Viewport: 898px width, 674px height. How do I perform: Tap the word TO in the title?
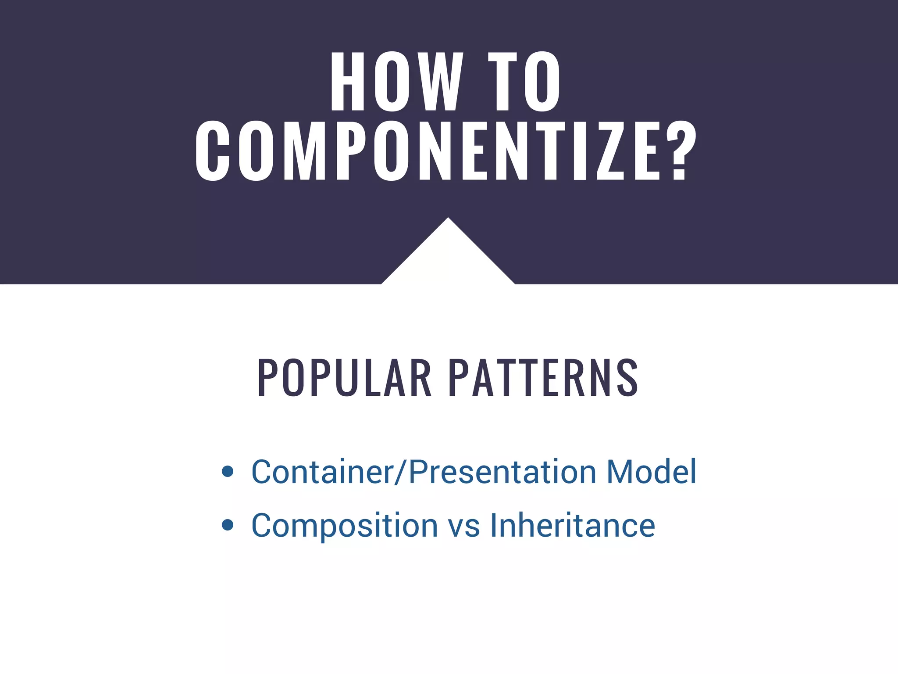[524, 82]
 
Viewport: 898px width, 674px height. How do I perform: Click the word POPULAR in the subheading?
[345, 378]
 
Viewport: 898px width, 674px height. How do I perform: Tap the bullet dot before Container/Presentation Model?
[228, 472]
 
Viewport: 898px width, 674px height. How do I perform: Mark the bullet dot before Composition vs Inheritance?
[228, 525]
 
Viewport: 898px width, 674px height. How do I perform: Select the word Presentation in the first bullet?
[502, 472]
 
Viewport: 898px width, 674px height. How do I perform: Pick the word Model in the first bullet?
[652, 472]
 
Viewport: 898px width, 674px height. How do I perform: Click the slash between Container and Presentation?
[401, 472]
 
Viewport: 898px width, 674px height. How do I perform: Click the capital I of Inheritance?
[493, 525]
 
